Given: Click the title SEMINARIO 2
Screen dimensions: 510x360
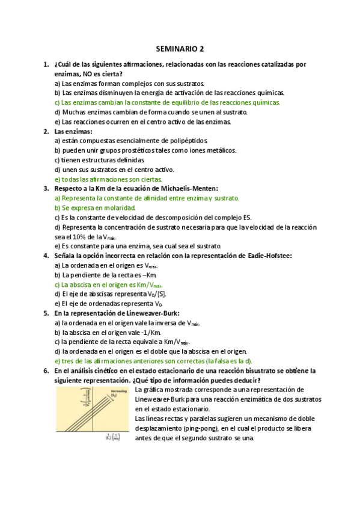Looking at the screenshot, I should coord(180,48).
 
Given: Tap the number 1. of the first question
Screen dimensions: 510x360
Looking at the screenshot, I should coord(46,64).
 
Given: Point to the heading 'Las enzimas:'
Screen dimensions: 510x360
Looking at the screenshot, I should coord(73,131).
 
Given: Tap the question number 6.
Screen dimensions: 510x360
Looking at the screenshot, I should coord(46,371).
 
